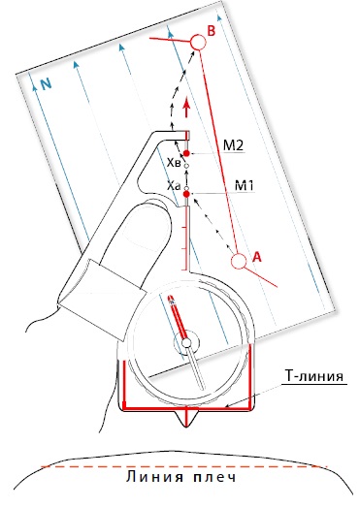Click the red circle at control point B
click(198, 42)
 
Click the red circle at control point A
click(239, 262)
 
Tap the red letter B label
click(212, 31)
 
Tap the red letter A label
click(256, 257)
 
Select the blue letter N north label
click(47, 84)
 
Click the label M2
click(233, 145)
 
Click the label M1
click(244, 186)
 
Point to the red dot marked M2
click(186, 153)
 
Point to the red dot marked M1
click(186, 194)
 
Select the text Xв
click(174, 163)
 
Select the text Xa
click(174, 186)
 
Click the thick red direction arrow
click(186, 109)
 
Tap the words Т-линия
click(314, 376)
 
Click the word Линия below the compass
click(155, 477)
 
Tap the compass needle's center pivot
click(186, 343)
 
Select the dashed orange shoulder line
click(184, 467)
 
